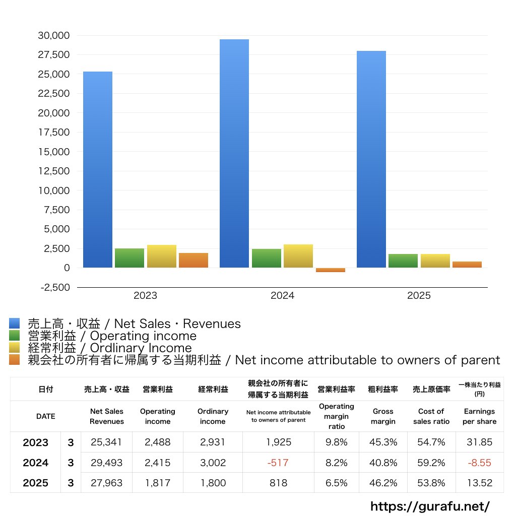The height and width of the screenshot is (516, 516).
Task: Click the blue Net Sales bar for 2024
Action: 234,153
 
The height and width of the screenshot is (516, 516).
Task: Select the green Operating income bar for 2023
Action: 130,258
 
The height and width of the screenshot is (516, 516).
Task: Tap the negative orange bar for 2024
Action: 331,270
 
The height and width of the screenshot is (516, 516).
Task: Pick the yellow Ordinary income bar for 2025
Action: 435,261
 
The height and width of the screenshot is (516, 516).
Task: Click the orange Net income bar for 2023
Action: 193,261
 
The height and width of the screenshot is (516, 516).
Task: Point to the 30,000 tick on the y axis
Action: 53,35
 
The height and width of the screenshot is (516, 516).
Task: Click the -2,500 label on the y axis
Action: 55,287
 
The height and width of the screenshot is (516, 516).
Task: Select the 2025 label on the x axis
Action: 419,295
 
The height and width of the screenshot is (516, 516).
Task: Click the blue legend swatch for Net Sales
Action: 14,323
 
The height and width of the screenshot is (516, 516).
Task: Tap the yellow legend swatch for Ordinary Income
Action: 14,348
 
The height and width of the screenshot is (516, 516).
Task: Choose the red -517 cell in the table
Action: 278,463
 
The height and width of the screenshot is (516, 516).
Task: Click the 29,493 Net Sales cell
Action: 106,463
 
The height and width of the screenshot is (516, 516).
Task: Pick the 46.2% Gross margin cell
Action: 383,483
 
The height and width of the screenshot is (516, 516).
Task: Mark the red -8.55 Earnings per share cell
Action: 480,463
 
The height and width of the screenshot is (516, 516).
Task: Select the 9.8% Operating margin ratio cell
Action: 336,442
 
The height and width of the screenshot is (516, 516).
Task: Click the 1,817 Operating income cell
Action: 158,483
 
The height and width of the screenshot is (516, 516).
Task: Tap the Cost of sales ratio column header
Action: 431,416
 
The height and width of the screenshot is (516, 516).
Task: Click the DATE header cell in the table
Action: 46,416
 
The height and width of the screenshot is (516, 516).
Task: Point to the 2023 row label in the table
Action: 36,442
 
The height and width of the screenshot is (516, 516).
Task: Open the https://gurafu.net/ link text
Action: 430,506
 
